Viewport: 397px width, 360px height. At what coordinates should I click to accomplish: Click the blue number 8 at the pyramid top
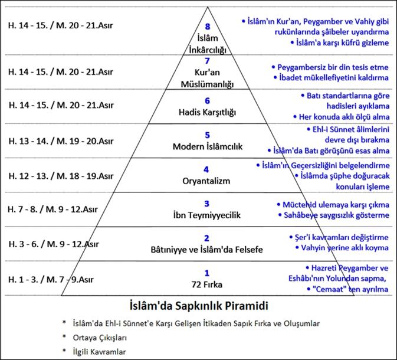tap(208, 27)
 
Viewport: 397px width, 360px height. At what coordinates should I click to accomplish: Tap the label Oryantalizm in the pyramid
tap(206, 181)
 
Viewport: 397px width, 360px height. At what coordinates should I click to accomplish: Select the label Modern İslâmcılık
tap(208, 146)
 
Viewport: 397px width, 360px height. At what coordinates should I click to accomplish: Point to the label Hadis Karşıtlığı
tap(208, 112)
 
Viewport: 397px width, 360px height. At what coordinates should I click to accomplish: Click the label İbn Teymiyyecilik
tap(207, 215)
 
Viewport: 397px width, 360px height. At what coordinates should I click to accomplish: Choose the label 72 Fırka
tap(207, 284)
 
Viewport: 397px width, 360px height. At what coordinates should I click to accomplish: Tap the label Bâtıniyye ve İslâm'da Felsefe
tap(206, 250)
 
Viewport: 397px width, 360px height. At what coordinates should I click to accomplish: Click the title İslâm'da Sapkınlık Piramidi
tap(199, 306)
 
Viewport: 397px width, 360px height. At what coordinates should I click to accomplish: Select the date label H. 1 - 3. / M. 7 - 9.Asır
tap(51, 279)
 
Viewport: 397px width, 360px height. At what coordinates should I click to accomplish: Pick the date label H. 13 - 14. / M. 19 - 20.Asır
tap(61, 141)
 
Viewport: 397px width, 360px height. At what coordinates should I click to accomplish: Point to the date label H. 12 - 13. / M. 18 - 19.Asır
tap(61, 176)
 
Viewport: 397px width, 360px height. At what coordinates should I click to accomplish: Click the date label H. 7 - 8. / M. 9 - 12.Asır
tap(53, 210)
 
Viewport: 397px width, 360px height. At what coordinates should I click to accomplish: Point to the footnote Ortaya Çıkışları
tap(100, 338)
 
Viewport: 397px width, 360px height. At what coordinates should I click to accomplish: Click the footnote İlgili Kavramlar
tap(99, 352)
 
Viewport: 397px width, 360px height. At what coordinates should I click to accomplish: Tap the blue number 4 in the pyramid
tap(206, 169)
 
